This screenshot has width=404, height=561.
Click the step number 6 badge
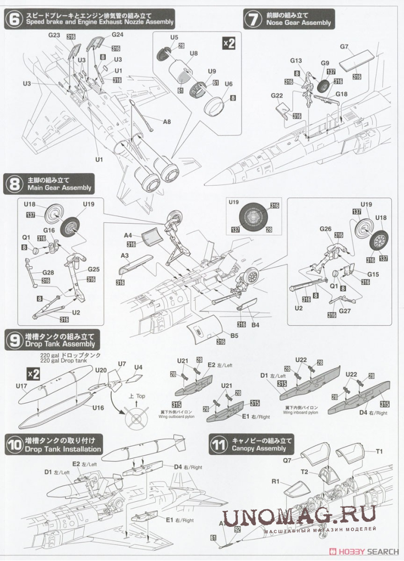[x=12, y=19]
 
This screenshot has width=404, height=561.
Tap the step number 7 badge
[x=253, y=19]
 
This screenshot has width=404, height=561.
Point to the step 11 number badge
[x=219, y=444]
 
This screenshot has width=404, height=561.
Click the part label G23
[x=54, y=35]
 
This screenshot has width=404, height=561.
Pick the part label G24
[x=118, y=35]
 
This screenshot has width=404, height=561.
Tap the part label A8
[x=167, y=122]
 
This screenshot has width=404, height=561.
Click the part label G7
[x=345, y=47]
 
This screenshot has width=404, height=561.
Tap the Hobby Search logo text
[x=367, y=551]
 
